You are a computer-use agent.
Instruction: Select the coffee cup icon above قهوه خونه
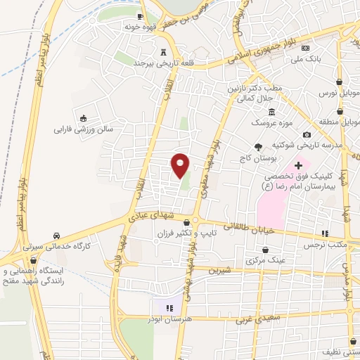[141, 15]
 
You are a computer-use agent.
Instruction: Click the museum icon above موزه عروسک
[271, 112]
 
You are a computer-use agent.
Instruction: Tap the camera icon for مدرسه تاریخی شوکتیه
[307, 134]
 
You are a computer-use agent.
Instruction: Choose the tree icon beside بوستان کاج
[258, 147]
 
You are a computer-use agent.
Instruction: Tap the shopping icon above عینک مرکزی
[266, 250]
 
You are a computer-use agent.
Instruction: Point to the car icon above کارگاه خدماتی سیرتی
[56, 236]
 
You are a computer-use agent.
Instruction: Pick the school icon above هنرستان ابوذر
[169, 307]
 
